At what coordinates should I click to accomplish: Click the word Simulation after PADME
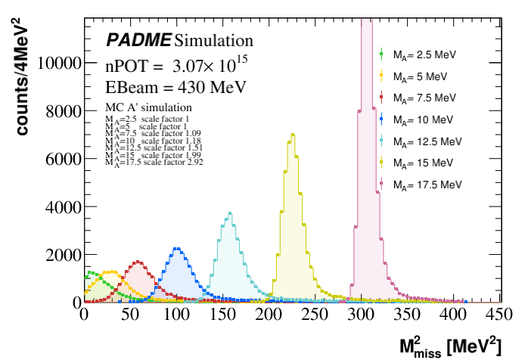click(214, 39)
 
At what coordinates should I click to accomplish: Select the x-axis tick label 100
click(175, 314)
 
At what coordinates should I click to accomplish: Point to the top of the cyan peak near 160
click(230, 213)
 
